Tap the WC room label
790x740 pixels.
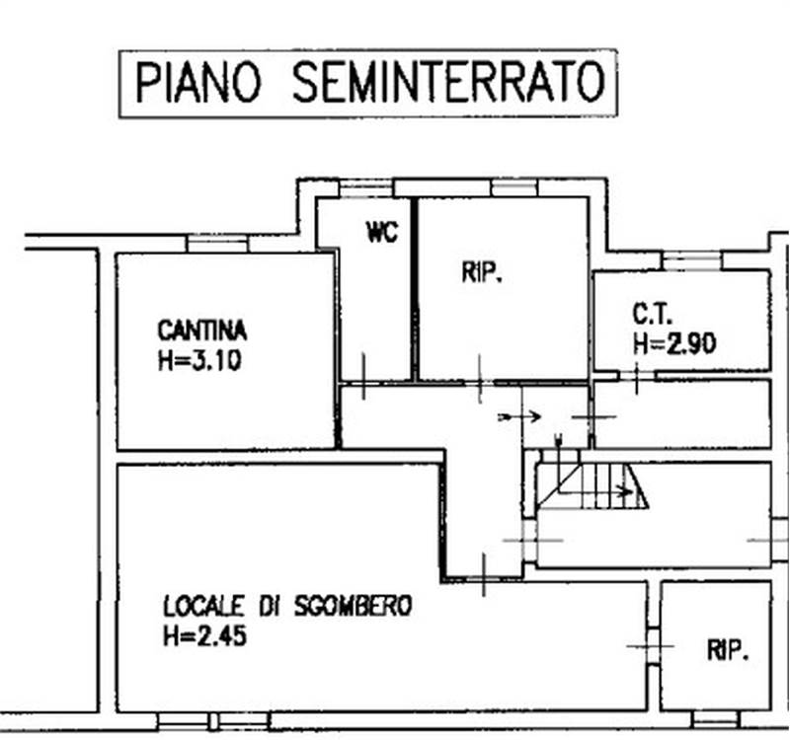[381, 234]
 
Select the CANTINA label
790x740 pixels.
[201, 331]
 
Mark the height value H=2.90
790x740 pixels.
[674, 343]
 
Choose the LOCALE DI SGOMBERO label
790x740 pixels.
[286, 606]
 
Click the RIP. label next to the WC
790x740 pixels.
[482, 275]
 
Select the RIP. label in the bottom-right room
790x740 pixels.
[728, 650]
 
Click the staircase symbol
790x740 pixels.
[592, 483]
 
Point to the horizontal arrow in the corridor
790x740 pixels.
[520, 416]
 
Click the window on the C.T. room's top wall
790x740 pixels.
[690, 261]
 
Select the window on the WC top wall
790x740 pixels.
[365, 188]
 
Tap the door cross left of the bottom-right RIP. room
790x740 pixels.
[651, 646]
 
